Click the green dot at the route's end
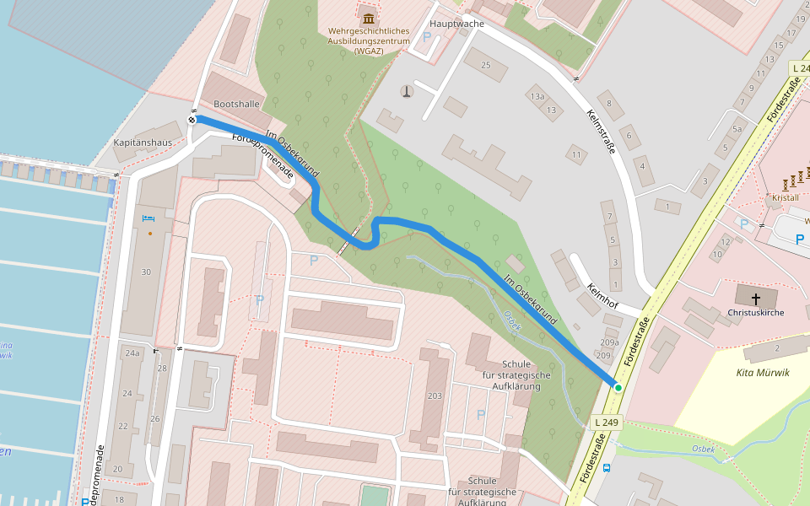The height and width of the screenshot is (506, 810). click(618, 387)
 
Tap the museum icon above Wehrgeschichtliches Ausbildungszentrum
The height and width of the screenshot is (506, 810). click(368, 19)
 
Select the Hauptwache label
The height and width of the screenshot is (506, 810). click(456, 24)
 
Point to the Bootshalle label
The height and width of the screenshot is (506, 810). click(237, 104)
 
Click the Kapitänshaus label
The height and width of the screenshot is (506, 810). click(143, 143)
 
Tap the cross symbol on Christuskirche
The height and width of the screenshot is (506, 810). click(756, 298)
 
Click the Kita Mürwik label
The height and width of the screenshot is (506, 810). click(763, 373)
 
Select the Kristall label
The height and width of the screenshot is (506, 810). click(785, 197)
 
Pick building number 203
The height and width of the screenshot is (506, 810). click(435, 396)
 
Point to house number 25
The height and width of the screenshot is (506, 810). click(484, 65)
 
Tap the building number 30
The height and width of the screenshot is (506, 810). click(146, 272)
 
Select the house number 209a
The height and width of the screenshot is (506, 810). click(609, 342)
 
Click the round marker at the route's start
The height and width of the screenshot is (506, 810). click(192, 120)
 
